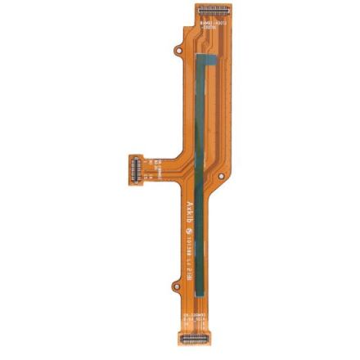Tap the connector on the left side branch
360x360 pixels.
(135, 170)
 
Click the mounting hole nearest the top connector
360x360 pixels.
(178, 51)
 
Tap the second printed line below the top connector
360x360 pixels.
(216, 29)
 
